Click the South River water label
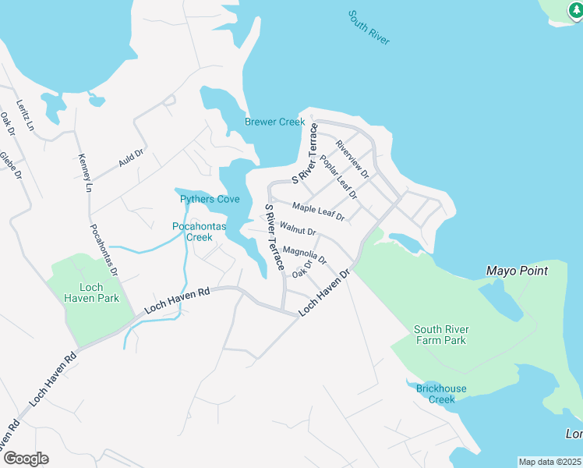click(x=369, y=28)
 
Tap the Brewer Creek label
click(x=275, y=122)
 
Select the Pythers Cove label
click(x=210, y=200)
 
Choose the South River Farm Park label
click(x=440, y=335)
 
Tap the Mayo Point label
click(x=517, y=271)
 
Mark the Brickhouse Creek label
click(x=441, y=394)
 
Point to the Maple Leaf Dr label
click(x=318, y=211)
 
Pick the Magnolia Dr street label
click(x=305, y=254)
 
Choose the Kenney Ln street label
click(x=85, y=173)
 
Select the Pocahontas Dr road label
click(x=103, y=250)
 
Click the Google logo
click(x=25, y=459)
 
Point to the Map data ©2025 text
click(x=550, y=462)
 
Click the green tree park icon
click(x=578, y=11)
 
